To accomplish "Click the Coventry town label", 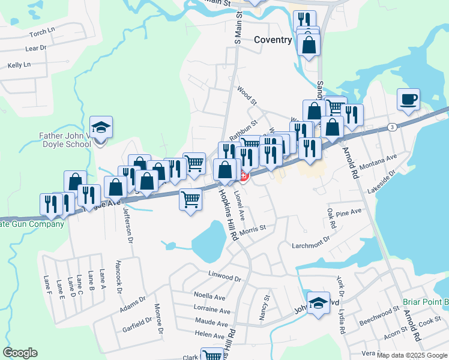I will (x=273, y=40).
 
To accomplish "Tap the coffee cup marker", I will (x=408, y=100).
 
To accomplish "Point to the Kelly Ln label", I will (x=19, y=65).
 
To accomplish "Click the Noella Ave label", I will (x=209, y=296).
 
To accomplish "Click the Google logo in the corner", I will (x=20, y=353).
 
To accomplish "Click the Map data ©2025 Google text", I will (x=412, y=355).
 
